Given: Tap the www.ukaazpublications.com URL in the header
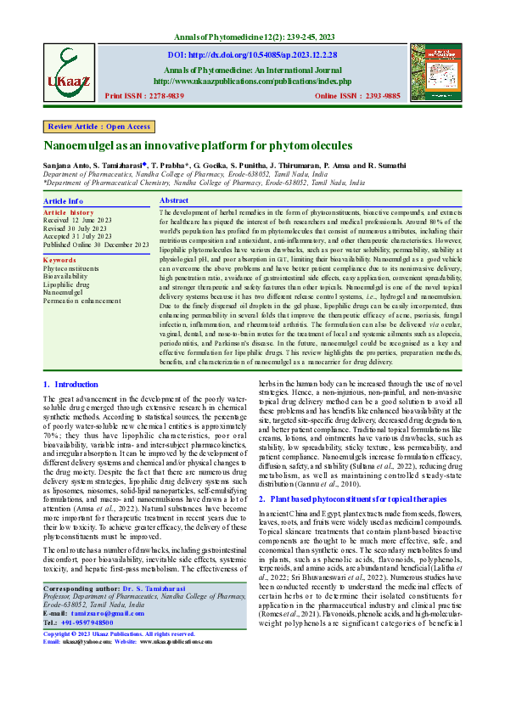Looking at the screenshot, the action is (252, 82).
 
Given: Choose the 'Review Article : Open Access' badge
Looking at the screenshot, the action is (99, 127).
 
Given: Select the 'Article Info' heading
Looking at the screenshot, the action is (64, 201).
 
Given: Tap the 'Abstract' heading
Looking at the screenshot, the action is (174, 200).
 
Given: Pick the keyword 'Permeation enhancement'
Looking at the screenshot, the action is (82, 301).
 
